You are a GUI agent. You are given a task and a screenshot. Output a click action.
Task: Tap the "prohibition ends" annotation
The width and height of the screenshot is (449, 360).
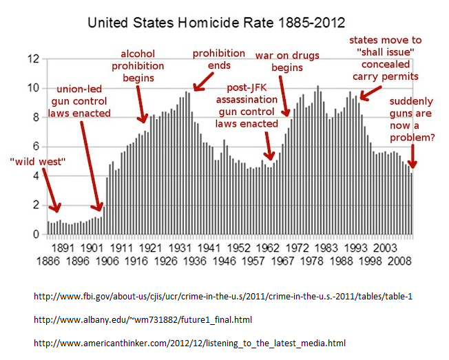click(x=218, y=59)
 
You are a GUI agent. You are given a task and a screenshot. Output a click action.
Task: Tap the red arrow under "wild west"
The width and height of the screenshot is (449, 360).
click(x=51, y=189)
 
